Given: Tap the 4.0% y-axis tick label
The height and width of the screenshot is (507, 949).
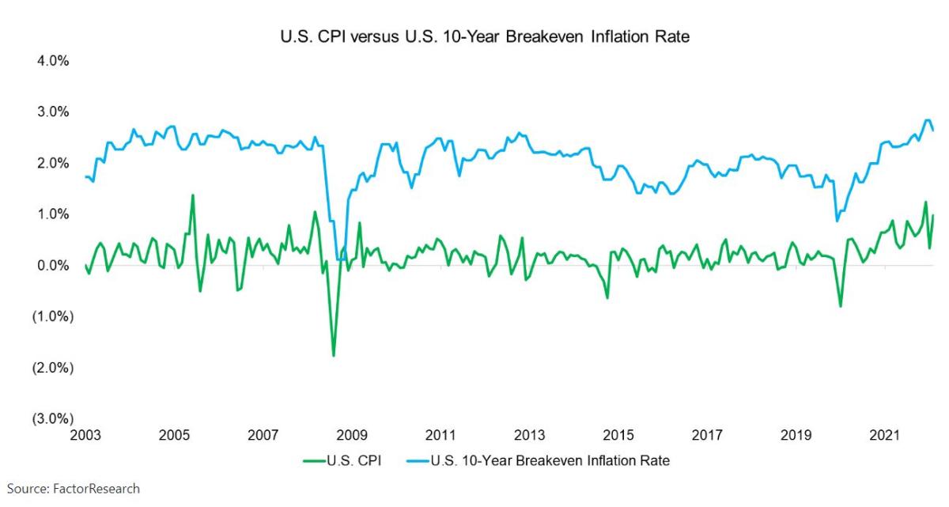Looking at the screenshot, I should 52,61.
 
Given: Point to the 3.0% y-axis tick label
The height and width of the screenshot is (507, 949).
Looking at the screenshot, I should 52,112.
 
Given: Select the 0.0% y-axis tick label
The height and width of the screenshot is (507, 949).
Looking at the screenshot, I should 52,266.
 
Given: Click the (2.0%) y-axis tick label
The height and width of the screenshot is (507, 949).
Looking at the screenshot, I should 51,368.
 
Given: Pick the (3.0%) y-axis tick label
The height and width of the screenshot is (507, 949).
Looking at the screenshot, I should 51,419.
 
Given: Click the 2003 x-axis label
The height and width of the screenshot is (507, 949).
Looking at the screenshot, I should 85,436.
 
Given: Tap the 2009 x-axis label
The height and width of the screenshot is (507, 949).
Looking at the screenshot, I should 352,436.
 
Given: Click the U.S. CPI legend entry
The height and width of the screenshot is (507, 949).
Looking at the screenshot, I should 344,460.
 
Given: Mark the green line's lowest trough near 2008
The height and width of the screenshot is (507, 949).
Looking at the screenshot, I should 333,355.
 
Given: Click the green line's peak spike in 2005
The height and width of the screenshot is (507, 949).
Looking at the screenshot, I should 193,195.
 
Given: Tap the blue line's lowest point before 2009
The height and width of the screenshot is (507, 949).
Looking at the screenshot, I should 340,259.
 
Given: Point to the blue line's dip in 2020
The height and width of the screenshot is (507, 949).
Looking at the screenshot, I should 837,220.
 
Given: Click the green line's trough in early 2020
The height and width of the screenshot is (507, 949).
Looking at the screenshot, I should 841,306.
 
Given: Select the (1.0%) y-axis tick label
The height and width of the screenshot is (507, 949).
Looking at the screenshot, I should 51,316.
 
